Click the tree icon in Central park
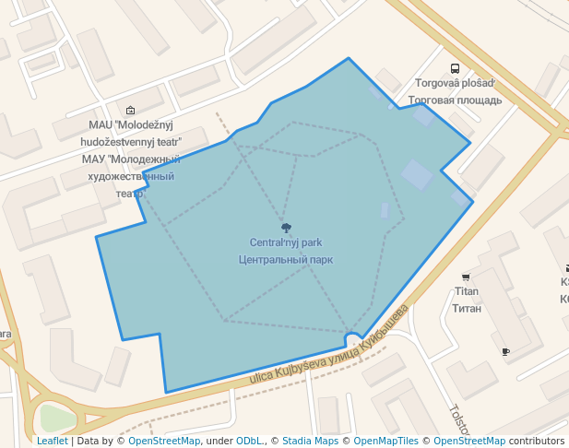pyautogui.click(x=286, y=228)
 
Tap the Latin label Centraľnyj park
pyautogui.click(x=286, y=243)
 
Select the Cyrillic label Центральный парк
pyautogui.click(x=286, y=260)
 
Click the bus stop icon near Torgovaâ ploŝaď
pyautogui.click(x=455, y=68)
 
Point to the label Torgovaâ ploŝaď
pyautogui.click(x=455, y=83)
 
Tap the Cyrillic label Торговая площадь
pyautogui.click(x=455, y=100)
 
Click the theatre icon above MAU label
pyautogui.click(x=130, y=110)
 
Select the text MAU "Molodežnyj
pyautogui.click(x=131, y=125)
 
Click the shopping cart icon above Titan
pyautogui.click(x=466, y=277)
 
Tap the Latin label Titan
pyautogui.click(x=467, y=291)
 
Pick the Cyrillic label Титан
pyautogui.click(x=467, y=308)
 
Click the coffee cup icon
pyautogui.click(x=505, y=352)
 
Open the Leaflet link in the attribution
pyautogui.click(x=52, y=442)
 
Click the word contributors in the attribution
pyautogui.click(x=537, y=442)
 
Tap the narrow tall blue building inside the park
pyautogui.click(x=385, y=211)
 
